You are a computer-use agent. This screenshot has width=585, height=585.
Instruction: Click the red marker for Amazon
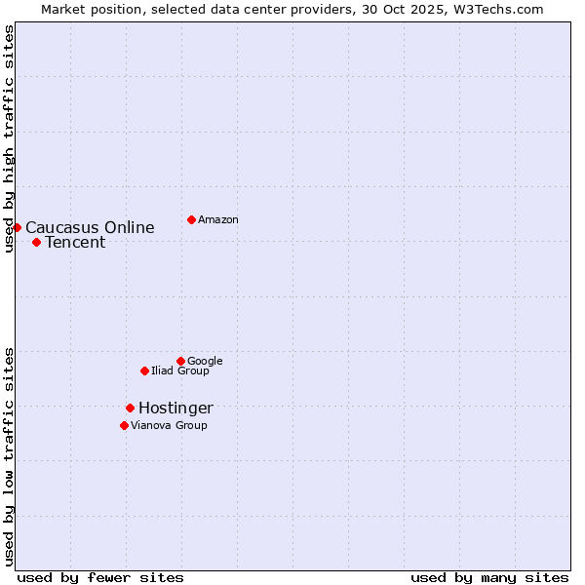coord(191,219)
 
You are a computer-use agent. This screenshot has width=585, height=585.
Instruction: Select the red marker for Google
coord(180,361)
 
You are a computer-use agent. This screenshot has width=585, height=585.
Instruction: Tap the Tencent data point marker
coord(36,242)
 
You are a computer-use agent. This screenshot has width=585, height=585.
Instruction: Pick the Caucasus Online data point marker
coord(17,227)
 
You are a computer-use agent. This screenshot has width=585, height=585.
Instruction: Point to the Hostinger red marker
coord(130,408)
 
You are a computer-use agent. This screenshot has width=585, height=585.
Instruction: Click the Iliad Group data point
coord(144,370)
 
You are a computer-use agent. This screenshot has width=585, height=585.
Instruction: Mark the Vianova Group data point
coord(124,425)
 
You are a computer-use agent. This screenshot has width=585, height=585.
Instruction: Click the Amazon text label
coord(217,220)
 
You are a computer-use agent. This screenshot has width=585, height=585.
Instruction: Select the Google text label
coord(205,362)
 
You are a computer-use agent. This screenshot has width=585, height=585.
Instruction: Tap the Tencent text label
coord(75,243)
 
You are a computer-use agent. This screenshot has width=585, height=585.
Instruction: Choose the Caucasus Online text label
coord(90,228)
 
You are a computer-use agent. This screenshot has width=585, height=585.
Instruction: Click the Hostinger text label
coord(175,409)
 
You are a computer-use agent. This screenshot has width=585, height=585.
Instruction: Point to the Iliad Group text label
coord(179,371)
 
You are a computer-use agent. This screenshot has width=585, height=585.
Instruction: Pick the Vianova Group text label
coord(169,426)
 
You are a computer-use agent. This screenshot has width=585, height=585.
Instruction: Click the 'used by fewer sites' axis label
coord(100,577)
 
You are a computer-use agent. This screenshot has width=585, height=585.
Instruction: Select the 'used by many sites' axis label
coord(489,577)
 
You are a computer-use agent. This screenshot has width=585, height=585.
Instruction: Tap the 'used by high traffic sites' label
coord(9,138)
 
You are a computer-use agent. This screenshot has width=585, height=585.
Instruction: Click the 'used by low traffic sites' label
coord(9,455)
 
